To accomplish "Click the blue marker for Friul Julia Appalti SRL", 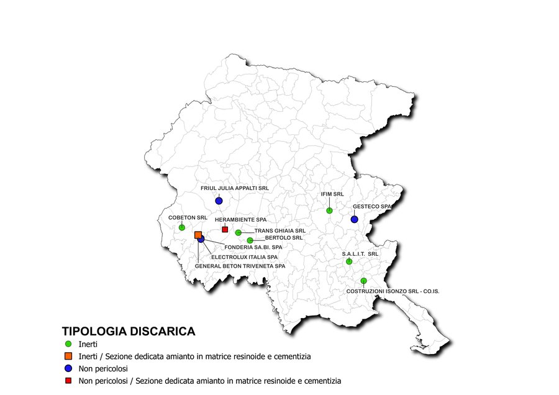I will click(x=219, y=201).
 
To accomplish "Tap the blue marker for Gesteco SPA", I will click(x=354, y=219).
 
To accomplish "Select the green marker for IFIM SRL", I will click(x=330, y=211).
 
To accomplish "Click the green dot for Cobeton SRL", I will click(x=182, y=227).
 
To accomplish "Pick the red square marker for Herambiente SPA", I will click(x=225, y=229).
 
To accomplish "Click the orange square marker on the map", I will click(x=198, y=235).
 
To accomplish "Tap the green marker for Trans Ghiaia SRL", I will click(x=239, y=232).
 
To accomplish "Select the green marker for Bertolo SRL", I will click(x=250, y=240).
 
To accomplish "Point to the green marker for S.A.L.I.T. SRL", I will click(x=349, y=261).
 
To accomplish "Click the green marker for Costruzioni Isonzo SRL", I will click(x=363, y=281).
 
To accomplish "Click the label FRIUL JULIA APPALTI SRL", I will click(x=235, y=188).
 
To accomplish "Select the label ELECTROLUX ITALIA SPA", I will click(x=244, y=257).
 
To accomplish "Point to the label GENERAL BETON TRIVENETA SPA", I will click(x=240, y=266).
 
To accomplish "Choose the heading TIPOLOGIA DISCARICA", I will click(x=129, y=331).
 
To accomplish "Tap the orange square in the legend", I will click(x=68, y=356).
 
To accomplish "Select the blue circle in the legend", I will click(x=68, y=368).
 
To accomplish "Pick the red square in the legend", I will click(x=68, y=380).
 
